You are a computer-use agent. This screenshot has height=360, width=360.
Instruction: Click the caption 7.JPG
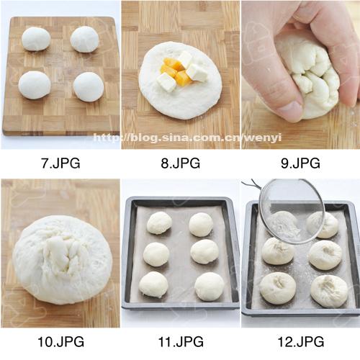[x=60, y=163]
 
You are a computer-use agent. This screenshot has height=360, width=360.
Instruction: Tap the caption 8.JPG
[x=181, y=163]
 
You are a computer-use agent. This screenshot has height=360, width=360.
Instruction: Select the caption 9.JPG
[x=300, y=163]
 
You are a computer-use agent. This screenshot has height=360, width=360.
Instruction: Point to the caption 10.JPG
[x=61, y=341]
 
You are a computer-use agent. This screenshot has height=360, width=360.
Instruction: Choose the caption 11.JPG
[x=181, y=341]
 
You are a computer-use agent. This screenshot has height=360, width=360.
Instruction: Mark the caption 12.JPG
[x=301, y=341]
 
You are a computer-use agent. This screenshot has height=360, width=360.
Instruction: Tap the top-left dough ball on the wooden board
[x=36, y=39]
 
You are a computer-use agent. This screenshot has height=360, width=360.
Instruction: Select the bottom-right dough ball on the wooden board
[x=89, y=87]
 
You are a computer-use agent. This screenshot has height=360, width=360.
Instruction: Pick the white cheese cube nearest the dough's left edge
[x=166, y=82]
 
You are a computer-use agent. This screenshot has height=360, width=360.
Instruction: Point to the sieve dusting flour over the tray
[x=292, y=211]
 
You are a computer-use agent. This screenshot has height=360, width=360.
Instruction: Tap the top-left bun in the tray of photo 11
[x=159, y=223]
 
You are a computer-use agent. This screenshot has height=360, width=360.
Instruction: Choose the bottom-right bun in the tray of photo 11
[x=210, y=287]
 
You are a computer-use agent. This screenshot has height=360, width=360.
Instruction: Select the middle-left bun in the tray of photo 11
[x=156, y=254]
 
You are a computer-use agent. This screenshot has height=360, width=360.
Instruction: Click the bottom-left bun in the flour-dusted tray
[x=278, y=288]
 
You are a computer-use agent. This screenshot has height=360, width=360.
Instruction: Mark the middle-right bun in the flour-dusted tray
[x=325, y=254]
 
